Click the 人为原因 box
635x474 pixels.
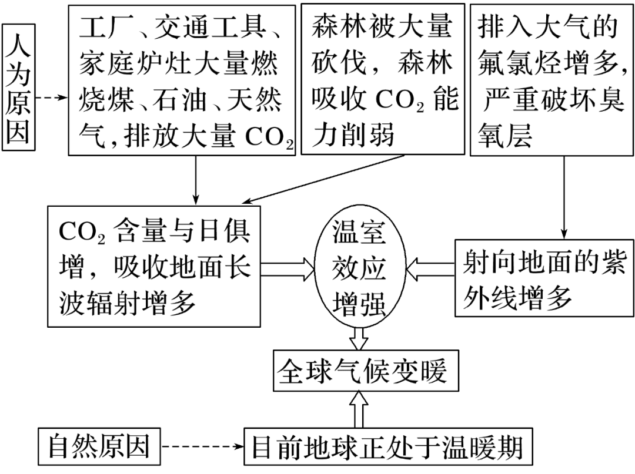(x=19, y=87)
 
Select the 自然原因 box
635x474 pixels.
(x=99, y=446)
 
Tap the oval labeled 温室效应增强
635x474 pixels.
(x=360, y=269)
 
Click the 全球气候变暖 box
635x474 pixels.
(x=366, y=371)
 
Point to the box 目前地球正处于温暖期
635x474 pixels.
(x=388, y=446)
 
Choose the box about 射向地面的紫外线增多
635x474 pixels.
(x=544, y=278)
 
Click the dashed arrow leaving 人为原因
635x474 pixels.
(x=52, y=98)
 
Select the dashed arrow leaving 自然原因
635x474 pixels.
(x=202, y=446)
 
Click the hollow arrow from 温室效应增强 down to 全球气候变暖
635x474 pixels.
(x=359, y=339)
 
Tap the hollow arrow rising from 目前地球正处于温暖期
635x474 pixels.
(x=359, y=409)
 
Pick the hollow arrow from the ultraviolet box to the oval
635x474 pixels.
(x=430, y=269)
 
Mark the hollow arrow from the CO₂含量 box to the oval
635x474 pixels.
(x=288, y=269)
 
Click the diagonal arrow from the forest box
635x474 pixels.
(x=323, y=179)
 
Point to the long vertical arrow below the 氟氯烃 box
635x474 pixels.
(x=564, y=197)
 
